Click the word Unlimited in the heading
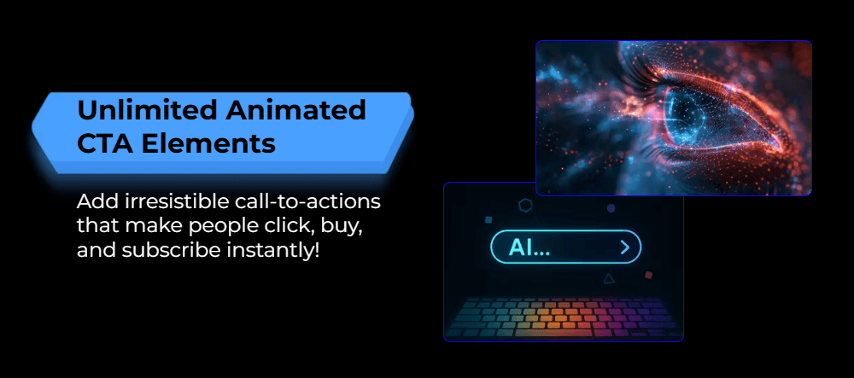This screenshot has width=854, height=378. point(148,110)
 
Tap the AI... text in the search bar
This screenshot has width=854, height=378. point(529,248)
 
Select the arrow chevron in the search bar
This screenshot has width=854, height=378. point(625,248)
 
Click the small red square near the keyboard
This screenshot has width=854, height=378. point(648,276)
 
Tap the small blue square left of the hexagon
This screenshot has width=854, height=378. point(488,220)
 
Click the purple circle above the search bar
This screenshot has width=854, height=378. point(611,207)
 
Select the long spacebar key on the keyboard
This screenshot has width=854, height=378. point(553,332)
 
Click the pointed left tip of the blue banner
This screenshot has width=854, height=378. point(32,126)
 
